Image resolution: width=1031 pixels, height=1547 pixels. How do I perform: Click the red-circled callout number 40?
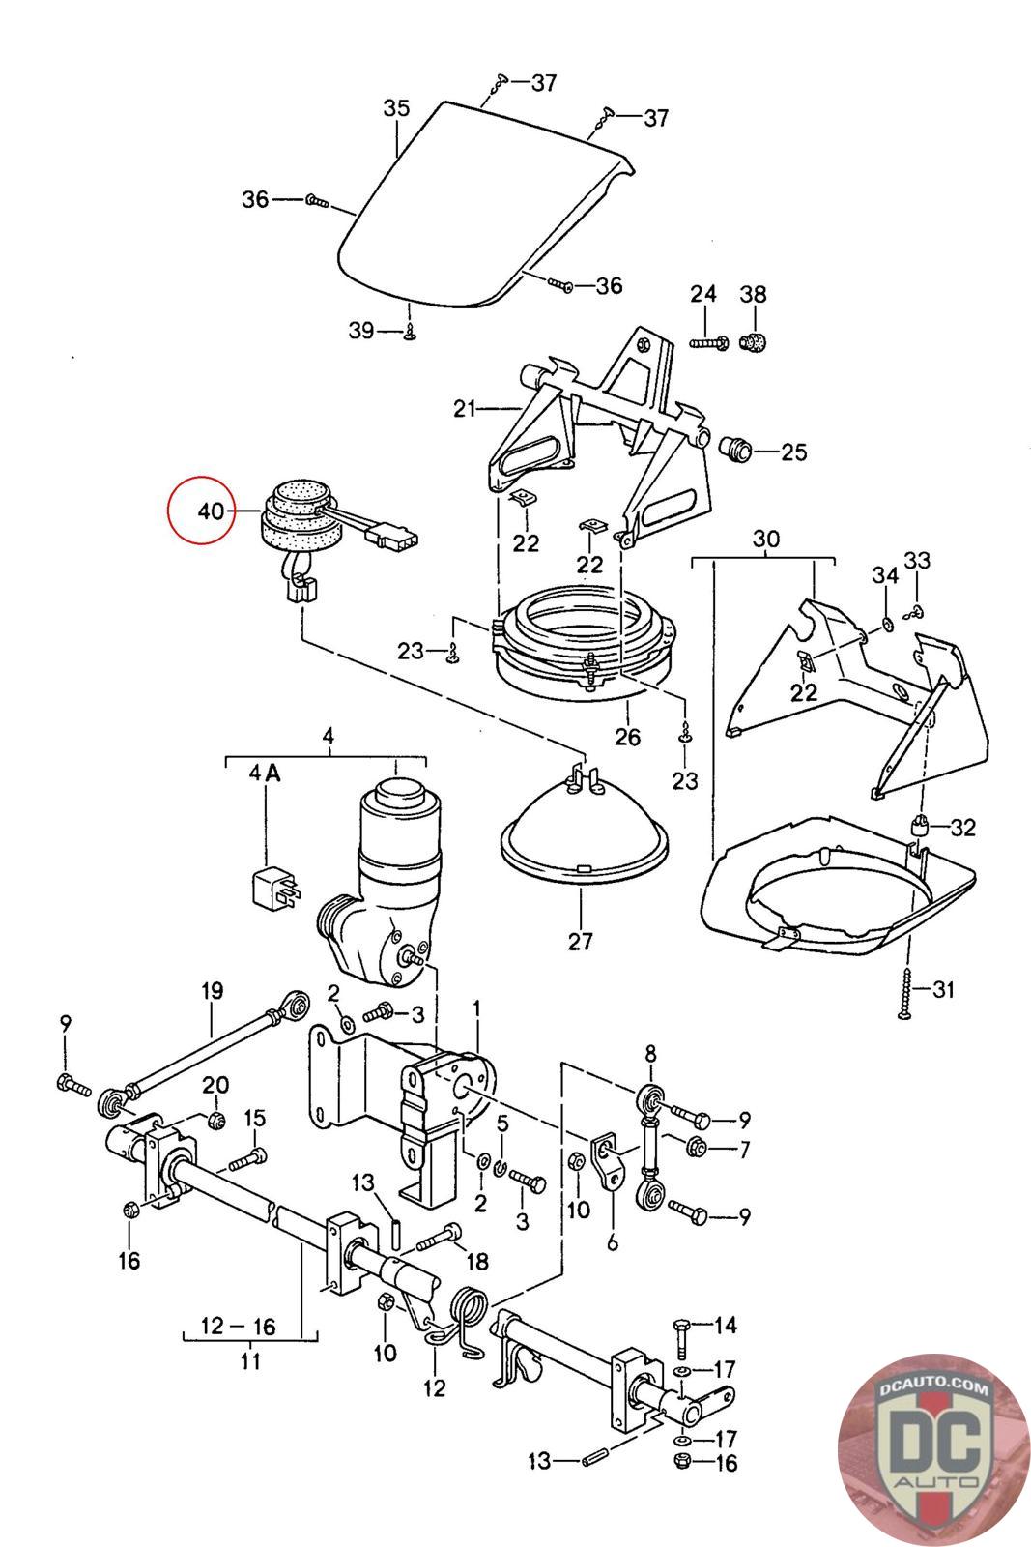click(x=212, y=511)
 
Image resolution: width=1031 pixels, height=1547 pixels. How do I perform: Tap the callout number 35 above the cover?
click(x=396, y=107)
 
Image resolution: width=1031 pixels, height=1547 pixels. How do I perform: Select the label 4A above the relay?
click(x=265, y=774)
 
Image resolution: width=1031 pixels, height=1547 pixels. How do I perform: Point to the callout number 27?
click(x=580, y=941)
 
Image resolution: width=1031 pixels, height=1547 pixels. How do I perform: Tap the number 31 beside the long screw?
click(x=943, y=989)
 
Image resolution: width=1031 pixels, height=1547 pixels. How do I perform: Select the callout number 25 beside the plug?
click(x=793, y=452)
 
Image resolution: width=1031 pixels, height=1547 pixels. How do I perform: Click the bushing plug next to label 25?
click(x=736, y=449)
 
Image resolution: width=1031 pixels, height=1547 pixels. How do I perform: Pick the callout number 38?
click(x=753, y=294)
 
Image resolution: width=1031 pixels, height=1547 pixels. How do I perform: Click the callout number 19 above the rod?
click(x=212, y=991)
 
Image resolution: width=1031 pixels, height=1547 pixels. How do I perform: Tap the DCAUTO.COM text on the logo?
click(x=933, y=1387)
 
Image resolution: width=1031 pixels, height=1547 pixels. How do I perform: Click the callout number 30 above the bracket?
click(x=765, y=539)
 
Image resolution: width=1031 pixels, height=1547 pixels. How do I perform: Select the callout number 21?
click(x=465, y=409)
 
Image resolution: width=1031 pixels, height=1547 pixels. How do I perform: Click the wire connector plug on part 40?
click(x=393, y=536)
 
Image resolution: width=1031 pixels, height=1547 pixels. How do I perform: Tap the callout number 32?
click(x=962, y=827)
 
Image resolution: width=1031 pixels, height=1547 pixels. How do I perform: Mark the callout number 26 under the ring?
click(x=627, y=737)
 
